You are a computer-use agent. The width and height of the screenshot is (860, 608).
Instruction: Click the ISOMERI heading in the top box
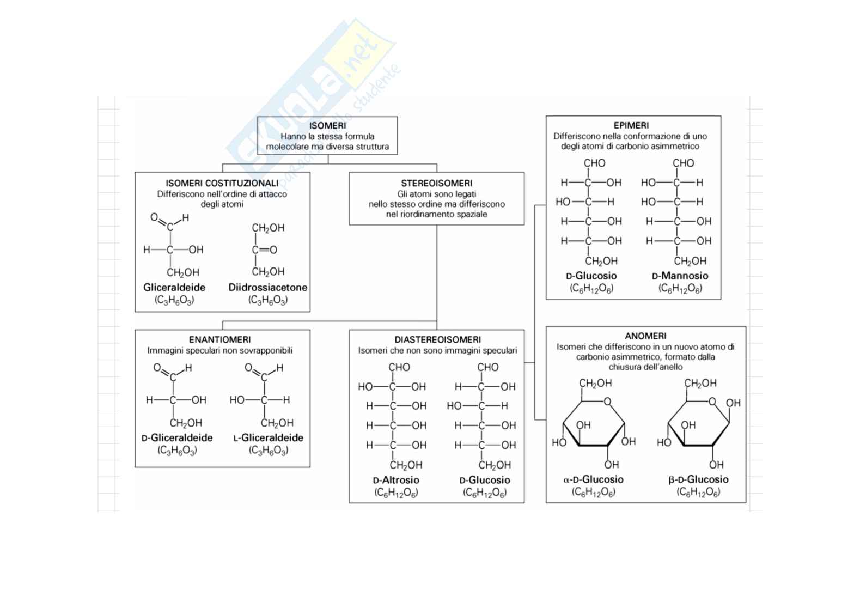[x=327, y=126]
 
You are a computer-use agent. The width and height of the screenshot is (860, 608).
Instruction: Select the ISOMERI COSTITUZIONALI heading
[x=222, y=184]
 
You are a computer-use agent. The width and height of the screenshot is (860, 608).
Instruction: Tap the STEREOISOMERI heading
[x=436, y=184]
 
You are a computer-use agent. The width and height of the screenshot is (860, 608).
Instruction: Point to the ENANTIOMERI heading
[x=220, y=340]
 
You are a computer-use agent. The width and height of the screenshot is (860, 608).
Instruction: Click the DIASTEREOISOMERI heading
[x=437, y=340]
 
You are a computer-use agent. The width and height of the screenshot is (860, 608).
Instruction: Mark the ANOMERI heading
[x=645, y=336]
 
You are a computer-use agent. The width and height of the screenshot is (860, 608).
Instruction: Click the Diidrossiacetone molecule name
[x=267, y=288]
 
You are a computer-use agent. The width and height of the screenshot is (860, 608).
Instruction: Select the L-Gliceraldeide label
[x=268, y=438]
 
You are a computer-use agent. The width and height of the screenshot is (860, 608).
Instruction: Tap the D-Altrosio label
[x=396, y=481]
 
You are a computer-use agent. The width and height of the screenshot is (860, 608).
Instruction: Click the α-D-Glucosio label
[x=593, y=480]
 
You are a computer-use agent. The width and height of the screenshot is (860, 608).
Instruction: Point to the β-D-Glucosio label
[x=698, y=480]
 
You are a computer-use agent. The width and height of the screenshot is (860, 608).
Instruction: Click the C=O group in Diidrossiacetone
[x=264, y=250]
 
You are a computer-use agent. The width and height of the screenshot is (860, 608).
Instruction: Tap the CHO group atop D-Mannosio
[x=683, y=163]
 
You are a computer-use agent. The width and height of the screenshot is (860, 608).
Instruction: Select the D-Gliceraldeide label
[x=177, y=438]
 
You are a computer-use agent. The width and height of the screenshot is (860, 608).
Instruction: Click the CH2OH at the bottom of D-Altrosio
[x=406, y=465]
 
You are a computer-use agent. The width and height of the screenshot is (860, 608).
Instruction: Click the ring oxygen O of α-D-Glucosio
[x=607, y=402]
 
